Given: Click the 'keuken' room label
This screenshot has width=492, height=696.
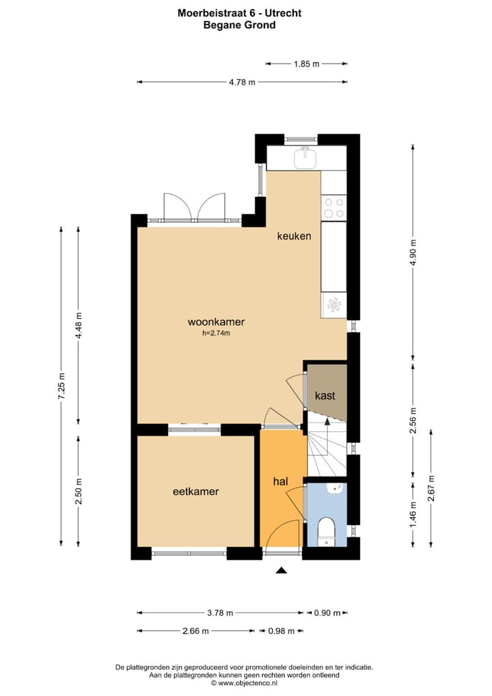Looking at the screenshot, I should [x=294, y=237].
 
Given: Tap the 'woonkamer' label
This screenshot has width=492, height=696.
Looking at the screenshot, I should [x=216, y=322].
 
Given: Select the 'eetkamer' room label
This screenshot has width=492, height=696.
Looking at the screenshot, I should [x=195, y=491].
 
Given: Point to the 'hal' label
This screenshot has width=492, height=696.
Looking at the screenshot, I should [x=280, y=482].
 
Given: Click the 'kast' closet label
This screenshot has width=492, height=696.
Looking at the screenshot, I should [x=325, y=395].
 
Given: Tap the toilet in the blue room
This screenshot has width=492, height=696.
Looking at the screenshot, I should [x=327, y=531].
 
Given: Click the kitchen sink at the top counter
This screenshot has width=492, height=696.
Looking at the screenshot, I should [x=305, y=159].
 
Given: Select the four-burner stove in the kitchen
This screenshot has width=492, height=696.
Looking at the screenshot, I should [x=334, y=208].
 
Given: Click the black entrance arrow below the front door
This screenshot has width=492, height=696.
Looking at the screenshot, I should [x=281, y=570].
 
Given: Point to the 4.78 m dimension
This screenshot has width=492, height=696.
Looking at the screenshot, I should [x=242, y=82].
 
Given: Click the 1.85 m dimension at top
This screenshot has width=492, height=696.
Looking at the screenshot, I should [x=307, y=64].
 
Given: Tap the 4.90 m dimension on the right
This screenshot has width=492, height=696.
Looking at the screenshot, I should [x=413, y=252].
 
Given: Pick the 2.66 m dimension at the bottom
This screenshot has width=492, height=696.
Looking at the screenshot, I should [x=195, y=631].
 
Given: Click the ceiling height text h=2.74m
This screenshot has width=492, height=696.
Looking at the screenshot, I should [x=216, y=334].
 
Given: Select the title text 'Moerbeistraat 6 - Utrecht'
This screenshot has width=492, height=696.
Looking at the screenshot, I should [x=239, y=12].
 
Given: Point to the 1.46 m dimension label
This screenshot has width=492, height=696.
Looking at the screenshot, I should [x=413, y=509].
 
